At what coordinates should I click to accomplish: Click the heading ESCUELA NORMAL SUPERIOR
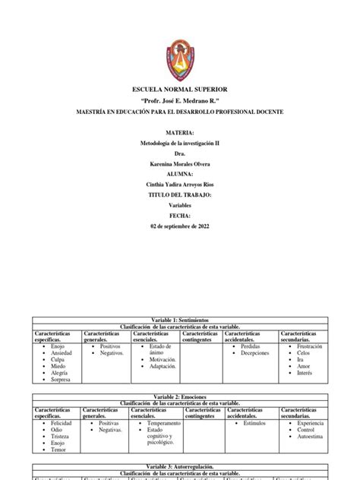coord(180,90)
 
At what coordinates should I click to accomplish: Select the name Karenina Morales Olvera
coord(180,163)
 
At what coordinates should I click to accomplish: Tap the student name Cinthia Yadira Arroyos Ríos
coord(180,184)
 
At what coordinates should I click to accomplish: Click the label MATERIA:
coord(180,132)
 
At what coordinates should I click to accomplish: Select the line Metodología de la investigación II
coord(180,143)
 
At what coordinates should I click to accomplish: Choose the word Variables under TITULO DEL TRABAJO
coord(180,205)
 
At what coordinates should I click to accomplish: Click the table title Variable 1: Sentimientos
coord(180,321)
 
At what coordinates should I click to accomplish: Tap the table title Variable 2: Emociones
coord(180,396)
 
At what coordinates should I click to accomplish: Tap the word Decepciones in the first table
coord(255,352)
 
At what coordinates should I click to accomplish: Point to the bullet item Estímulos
coord(254,423)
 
